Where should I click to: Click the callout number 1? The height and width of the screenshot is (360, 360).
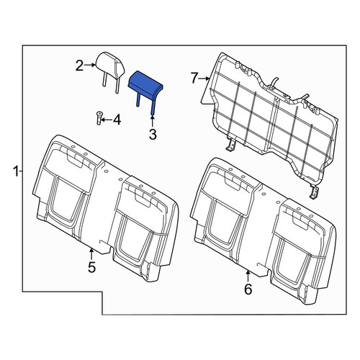point(16,172)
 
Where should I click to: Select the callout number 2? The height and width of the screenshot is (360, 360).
point(80,66)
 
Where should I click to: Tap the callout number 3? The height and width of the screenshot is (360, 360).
point(153,135)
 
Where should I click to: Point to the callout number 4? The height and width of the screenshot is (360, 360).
point(117,120)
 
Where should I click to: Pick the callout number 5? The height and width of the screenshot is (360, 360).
point(91,267)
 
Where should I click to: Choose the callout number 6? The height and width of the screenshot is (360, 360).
point(248,289)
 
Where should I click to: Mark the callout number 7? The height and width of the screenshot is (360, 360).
point(195,78)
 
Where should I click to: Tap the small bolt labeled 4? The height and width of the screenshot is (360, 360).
point(99,118)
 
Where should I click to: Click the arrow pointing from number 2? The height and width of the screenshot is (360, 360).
point(90,65)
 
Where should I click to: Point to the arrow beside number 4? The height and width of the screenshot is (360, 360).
point(107,120)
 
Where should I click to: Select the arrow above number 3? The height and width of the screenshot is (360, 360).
point(153,122)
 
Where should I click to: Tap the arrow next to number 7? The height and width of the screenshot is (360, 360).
point(204,78)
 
